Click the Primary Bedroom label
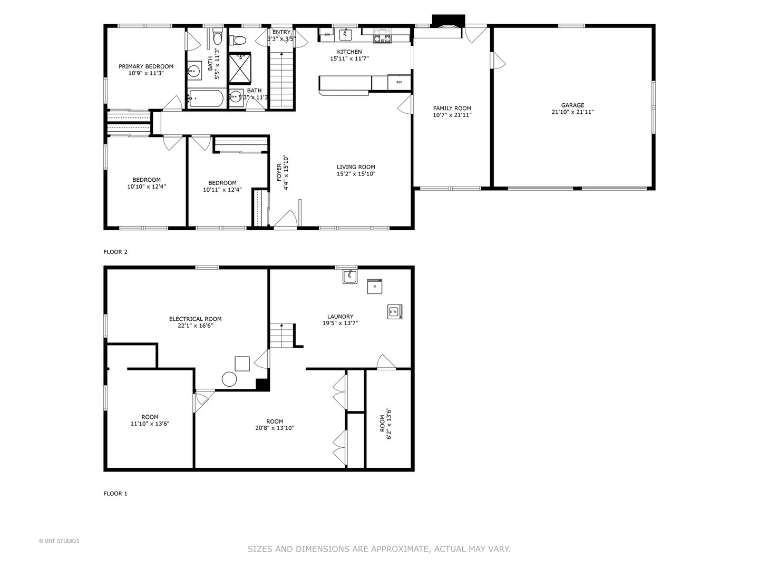[x=145, y=66]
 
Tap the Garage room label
[x=572, y=105]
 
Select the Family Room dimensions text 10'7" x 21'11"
[x=452, y=115]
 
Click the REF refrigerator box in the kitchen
[x=399, y=82]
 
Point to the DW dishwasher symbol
[x=327, y=35]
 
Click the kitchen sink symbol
[x=345, y=35]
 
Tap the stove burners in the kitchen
[x=382, y=36]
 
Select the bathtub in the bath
[x=206, y=98]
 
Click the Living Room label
[x=356, y=167]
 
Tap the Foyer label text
[x=279, y=173]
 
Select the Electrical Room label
[x=195, y=319]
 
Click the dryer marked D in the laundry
[x=374, y=286]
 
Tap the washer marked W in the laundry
[x=394, y=311]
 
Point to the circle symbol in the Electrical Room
[x=229, y=379]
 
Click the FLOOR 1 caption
[x=115, y=494]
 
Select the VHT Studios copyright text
[x=59, y=541]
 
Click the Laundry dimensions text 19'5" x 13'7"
[x=340, y=323]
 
